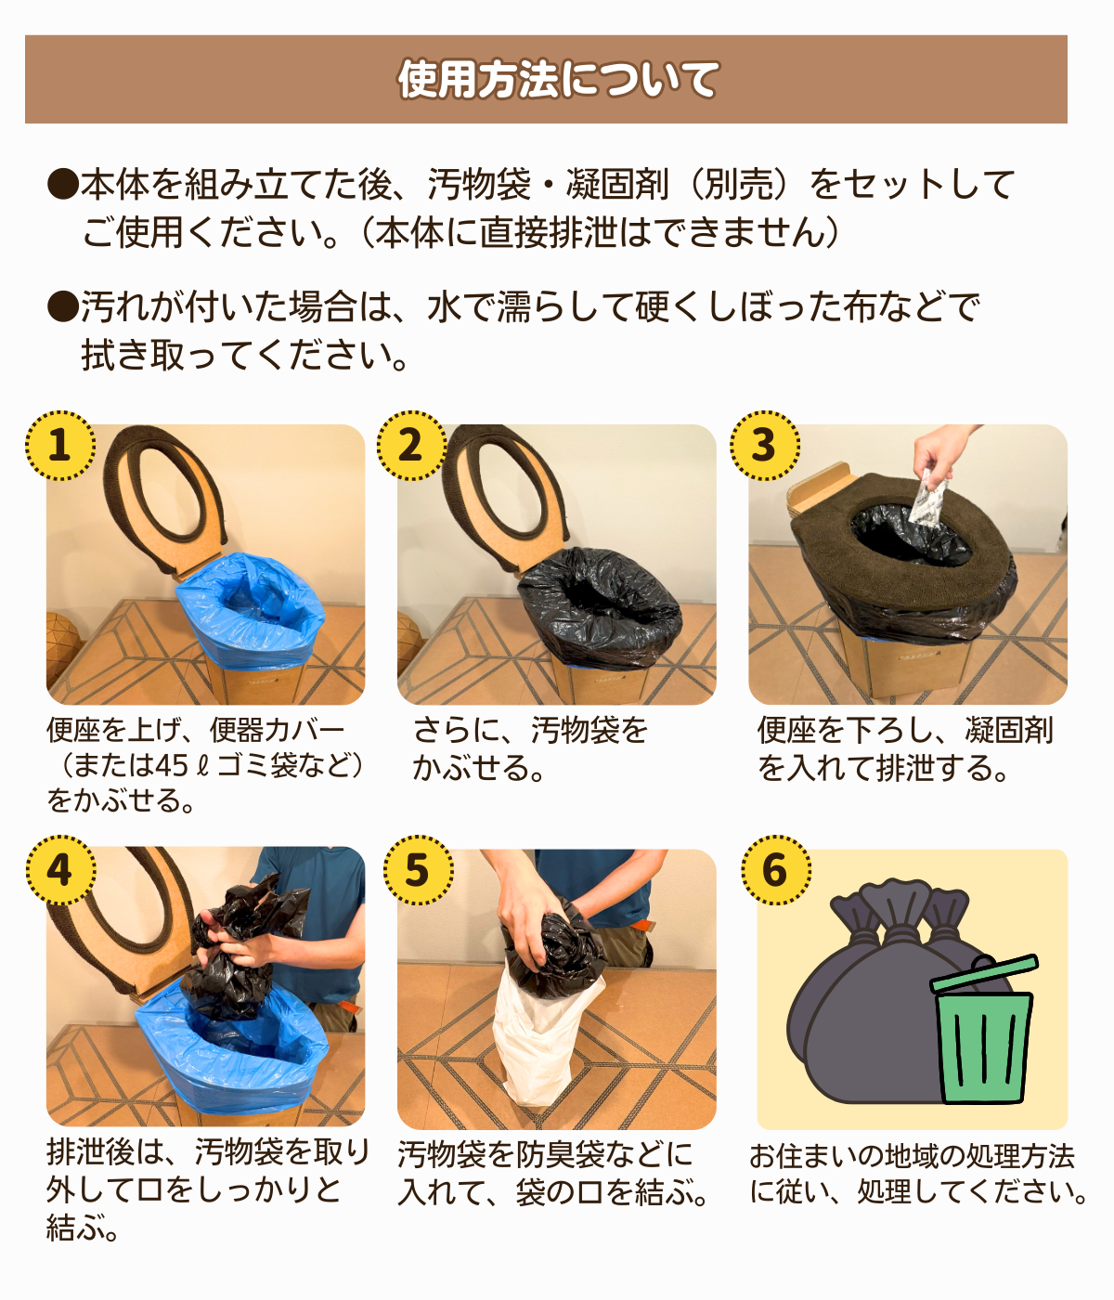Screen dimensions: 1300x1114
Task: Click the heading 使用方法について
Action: pyautogui.click(x=557, y=80)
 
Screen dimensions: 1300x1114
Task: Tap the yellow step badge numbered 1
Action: pyautogui.click(x=59, y=446)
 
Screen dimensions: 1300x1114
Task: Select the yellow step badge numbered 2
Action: pyautogui.click(x=410, y=446)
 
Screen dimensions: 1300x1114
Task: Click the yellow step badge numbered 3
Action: pyautogui.click(x=764, y=446)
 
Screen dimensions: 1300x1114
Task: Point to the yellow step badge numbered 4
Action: pyautogui.click(x=59, y=870)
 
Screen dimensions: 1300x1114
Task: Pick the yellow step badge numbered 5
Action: pyautogui.click(x=417, y=870)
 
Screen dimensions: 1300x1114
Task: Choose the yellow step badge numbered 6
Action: pyautogui.click(x=775, y=870)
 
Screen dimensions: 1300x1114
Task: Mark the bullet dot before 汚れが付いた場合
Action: pyautogui.click(x=62, y=306)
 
